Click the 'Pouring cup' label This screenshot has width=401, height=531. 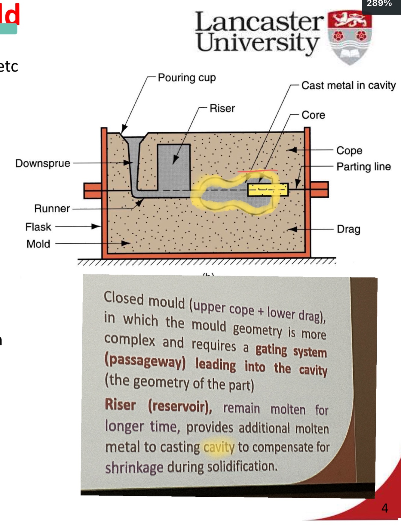coord(187,78)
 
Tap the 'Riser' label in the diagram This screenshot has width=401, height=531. coord(222,108)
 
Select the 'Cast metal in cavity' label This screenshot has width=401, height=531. coord(348,85)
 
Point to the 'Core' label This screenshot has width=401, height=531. coord(313,115)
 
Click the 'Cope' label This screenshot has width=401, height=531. coord(349,150)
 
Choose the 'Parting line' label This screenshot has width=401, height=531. coord(363,167)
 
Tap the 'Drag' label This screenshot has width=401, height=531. coord(348,229)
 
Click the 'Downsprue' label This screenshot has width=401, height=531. coord(43,163)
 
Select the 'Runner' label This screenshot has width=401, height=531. coord(52,208)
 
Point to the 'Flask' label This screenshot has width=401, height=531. coord(38,227)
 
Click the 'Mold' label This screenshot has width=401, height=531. coord(38,244)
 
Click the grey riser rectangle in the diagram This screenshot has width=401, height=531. coord(174,167)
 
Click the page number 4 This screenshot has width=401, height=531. coord(384,508)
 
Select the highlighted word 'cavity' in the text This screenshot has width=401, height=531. coord(219,447)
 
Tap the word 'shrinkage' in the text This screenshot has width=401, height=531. coord(134,468)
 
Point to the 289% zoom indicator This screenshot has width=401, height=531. coord(379,4)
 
